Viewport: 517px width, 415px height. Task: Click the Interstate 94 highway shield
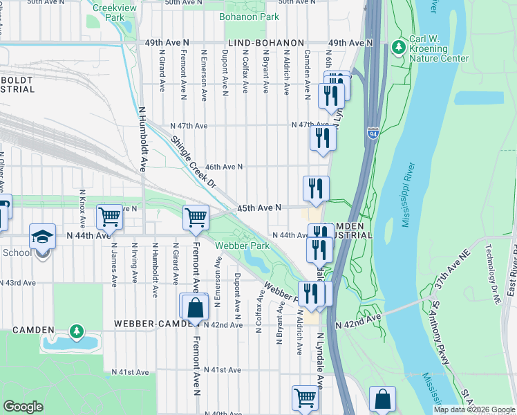373,132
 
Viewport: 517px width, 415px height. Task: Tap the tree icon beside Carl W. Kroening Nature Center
398,47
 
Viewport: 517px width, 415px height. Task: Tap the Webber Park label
241,246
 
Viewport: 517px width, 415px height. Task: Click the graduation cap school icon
42,237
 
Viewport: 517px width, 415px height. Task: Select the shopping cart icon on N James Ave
110,217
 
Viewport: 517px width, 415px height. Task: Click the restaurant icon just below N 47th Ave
323,136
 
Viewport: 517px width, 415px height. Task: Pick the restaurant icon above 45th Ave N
316,188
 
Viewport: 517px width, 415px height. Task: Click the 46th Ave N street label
223,167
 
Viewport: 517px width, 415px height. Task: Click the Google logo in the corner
23,407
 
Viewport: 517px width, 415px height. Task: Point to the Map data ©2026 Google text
473,409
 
